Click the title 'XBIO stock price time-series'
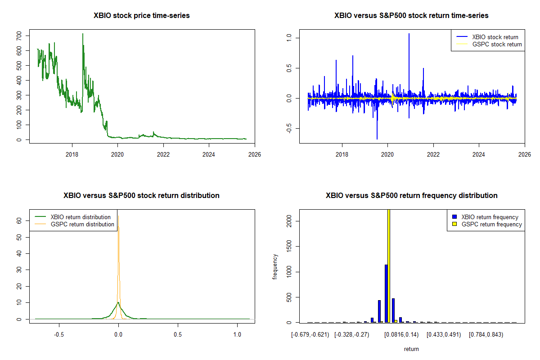[x=141, y=16]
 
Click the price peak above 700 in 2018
[x=83, y=34]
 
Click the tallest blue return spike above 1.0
[x=409, y=34]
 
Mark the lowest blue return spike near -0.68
[x=377, y=138]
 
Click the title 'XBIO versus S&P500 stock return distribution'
[x=141, y=196]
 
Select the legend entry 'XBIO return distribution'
[x=81, y=217]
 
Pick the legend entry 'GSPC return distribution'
[x=82, y=224]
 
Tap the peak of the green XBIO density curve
[x=118, y=303]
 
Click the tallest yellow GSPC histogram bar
[x=388, y=265]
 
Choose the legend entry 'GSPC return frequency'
[x=491, y=224]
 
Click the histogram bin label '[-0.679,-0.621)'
[x=310, y=335]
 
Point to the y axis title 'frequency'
[x=275, y=266]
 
